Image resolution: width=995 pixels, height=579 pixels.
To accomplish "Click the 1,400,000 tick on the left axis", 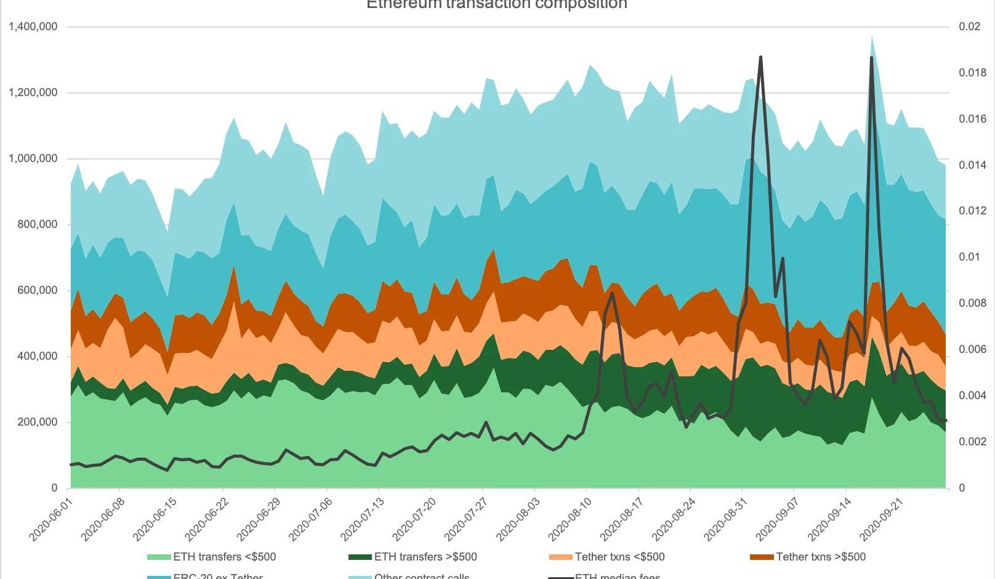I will tap(33, 26).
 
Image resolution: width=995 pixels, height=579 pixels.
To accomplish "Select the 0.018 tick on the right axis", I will tap(972, 73).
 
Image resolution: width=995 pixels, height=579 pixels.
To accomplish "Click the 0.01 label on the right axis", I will tap(970, 257).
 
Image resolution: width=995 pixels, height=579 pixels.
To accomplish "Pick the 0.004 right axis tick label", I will tap(972, 395).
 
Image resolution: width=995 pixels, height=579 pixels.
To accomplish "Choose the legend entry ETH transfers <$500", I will tap(224, 557).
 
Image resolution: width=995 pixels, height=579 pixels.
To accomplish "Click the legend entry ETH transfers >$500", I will tap(425, 557).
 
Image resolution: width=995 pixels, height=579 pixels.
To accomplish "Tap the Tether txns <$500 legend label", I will tap(619, 557).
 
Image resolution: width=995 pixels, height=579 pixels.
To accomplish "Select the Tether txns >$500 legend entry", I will tap(820, 557).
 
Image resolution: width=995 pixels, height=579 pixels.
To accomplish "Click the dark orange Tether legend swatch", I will tap(762, 557).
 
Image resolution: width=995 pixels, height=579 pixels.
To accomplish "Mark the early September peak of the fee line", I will tap(761, 57).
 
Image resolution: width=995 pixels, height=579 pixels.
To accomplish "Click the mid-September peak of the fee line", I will tap(872, 58).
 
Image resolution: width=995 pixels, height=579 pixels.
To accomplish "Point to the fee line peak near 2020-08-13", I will tap(612, 293).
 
